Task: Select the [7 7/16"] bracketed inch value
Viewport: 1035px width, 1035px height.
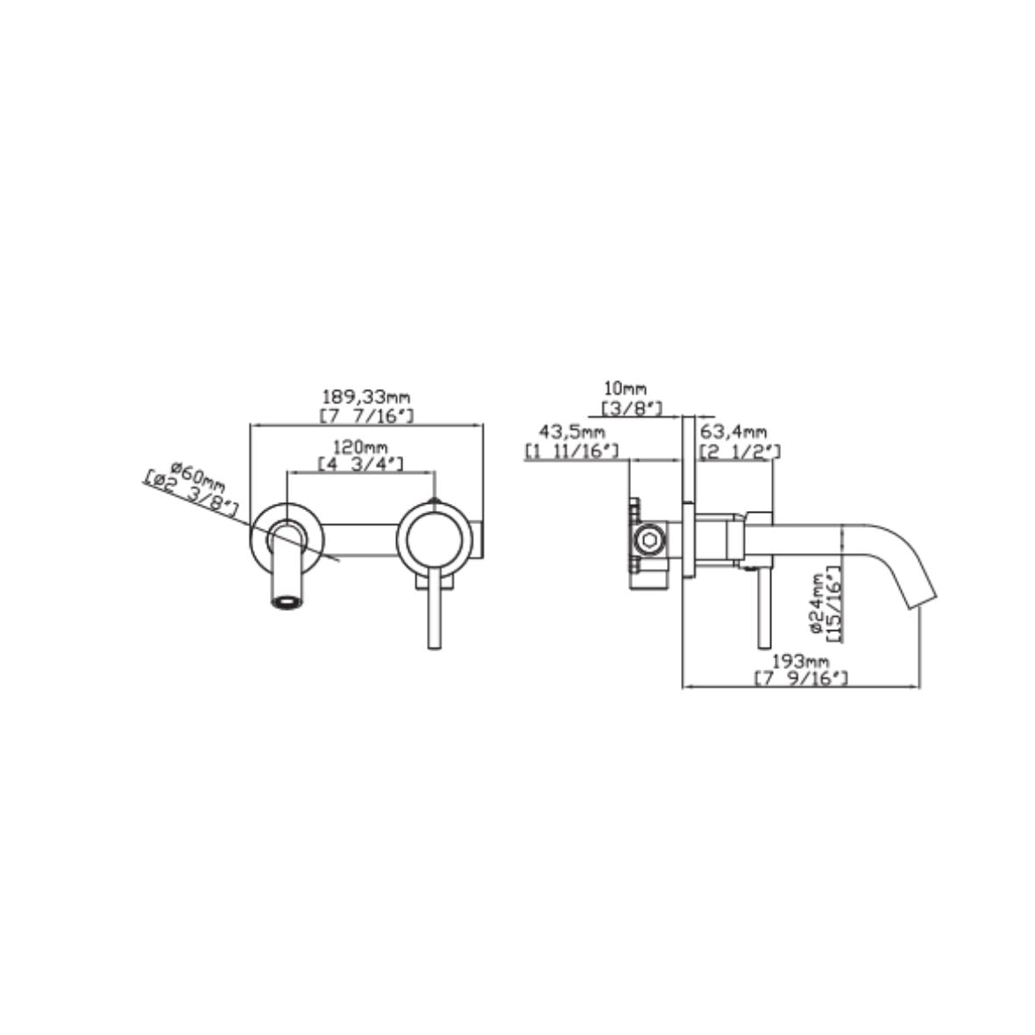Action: pos(368,415)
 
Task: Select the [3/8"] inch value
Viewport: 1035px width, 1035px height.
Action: pos(631,407)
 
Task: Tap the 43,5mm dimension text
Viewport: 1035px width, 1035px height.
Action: pos(572,433)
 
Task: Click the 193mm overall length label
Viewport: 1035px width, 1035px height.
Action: pos(799,661)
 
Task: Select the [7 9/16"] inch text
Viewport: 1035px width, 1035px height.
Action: pos(799,677)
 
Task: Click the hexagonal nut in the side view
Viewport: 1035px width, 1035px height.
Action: pos(650,541)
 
